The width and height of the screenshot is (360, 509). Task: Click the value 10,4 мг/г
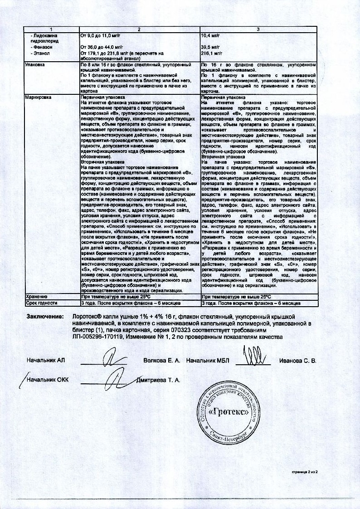click(x=210, y=35)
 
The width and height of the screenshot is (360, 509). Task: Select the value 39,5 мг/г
click(x=210, y=46)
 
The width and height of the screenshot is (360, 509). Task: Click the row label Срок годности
click(x=41, y=302)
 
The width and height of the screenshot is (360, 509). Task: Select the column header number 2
click(x=139, y=29)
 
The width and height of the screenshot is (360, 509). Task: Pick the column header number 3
click(x=258, y=29)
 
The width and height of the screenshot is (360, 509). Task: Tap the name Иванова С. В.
click(x=297, y=361)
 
